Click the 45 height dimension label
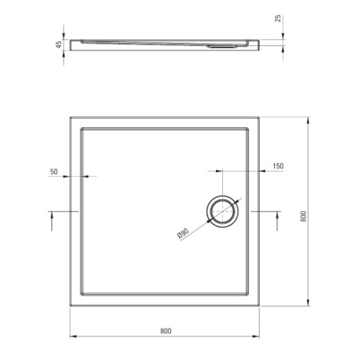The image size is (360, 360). (x=59, y=44)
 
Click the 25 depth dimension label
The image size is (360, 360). (x=278, y=18)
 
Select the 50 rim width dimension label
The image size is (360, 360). (x=54, y=172)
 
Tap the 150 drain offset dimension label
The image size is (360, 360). (x=278, y=166)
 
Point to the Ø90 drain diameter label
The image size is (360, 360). (x=183, y=234)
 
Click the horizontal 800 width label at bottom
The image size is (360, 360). (x=165, y=331)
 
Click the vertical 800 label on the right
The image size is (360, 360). (x=303, y=216)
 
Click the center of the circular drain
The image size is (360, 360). (x=223, y=211)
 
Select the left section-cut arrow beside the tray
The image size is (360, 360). (x=52, y=221)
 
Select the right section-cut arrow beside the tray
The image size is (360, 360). (x=277, y=221)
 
